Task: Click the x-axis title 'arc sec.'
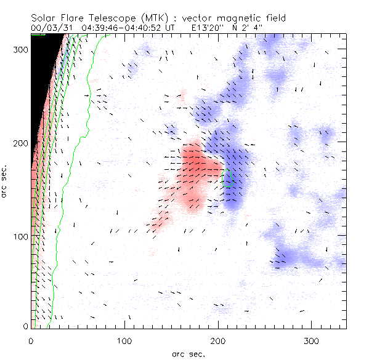(x=188, y=354)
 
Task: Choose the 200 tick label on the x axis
(x=218, y=340)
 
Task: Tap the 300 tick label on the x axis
(x=311, y=340)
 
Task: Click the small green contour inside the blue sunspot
(x=226, y=178)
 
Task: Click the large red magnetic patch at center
(x=196, y=166)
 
